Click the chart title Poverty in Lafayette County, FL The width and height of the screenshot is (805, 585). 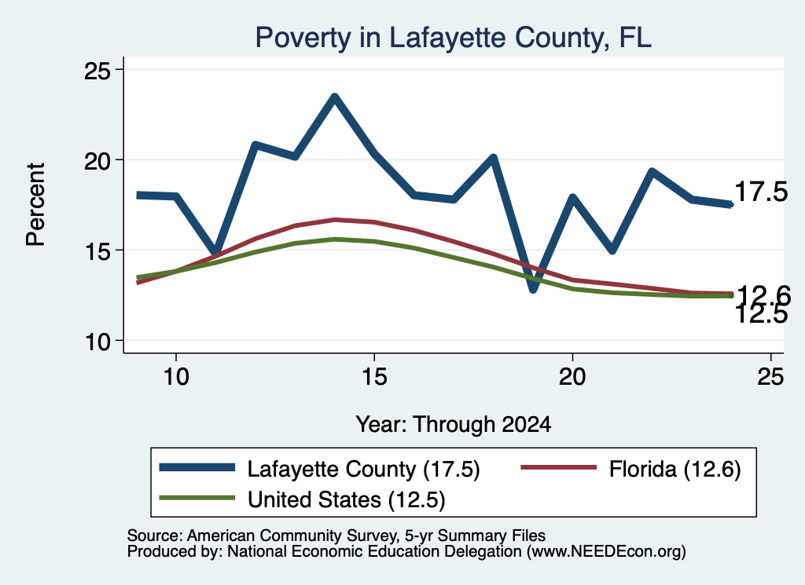(x=454, y=38)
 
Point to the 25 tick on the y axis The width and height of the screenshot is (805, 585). (x=97, y=70)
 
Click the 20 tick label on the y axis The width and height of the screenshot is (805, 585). (x=97, y=161)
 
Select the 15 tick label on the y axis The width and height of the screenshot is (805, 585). (x=97, y=251)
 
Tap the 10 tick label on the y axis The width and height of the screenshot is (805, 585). (x=97, y=342)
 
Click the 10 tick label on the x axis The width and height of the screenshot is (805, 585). (x=176, y=377)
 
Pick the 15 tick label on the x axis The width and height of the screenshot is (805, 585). (x=374, y=377)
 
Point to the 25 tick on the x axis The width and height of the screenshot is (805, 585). (x=770, y=377)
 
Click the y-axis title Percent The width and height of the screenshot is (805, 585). (x=36, y=205)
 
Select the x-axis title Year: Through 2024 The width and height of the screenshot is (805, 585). (x=454, y=425)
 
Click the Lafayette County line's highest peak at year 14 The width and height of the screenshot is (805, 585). (x=335, y=97)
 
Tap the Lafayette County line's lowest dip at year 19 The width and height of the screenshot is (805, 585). (x=533, y=290)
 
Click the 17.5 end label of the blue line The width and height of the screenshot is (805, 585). (x=761, y=192)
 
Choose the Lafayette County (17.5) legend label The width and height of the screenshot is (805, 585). (x=363, y=469)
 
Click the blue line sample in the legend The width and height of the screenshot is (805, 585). (x=197, y=467)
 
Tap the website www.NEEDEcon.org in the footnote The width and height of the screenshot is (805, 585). (x=606, y=552)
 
